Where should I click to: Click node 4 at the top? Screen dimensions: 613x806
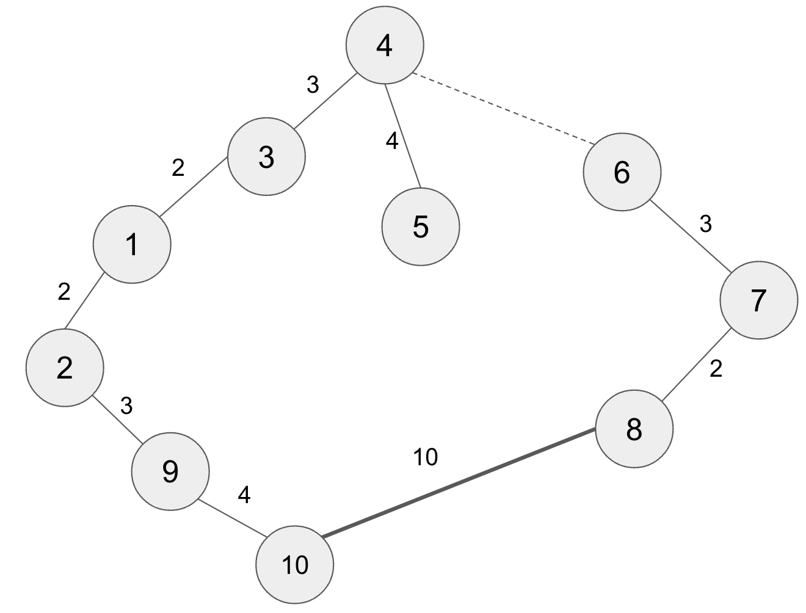[x=384, y=45]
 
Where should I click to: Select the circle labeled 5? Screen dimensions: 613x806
[x=421, y=227]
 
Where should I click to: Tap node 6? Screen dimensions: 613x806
[x=622, y=172]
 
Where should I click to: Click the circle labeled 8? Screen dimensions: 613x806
[x=634, y=429]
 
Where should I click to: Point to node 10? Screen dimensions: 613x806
[x=295, y=565]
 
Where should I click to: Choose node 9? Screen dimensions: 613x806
[x=170, y=471]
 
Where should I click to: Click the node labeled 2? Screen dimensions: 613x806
[x=65, y=368]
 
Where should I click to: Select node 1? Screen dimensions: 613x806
[x=132, y=245]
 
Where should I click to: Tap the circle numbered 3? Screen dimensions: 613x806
[x=266, y=157]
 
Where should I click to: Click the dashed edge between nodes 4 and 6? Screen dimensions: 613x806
[x=504, y=109]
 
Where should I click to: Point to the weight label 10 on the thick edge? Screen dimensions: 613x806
[x=426, y=457]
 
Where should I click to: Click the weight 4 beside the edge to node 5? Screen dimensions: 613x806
[x=392, y=141]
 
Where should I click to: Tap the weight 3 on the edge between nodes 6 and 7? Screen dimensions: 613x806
[x=705, y=225]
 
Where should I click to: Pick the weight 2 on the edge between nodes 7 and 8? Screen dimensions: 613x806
[x=716, y=369]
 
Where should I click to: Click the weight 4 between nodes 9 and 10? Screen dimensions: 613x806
[x=244, y=495]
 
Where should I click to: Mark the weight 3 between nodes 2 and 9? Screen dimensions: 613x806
[x=126, y=405]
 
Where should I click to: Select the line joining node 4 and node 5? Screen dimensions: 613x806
[x=402, y=135]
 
